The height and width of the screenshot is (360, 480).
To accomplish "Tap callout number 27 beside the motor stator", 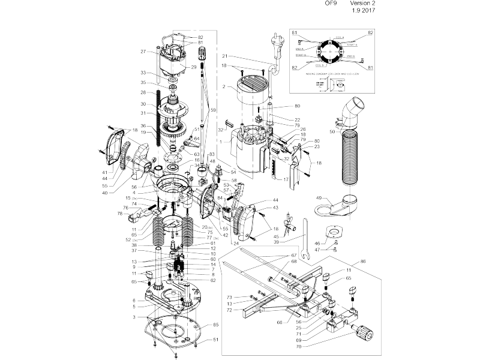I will [x=143, y=52].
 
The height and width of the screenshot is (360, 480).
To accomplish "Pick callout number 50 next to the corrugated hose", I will [x=332, y=131].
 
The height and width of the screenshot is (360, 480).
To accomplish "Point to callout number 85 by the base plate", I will [x=216, y=326].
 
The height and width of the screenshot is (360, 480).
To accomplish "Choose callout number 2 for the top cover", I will [x=224, y=87].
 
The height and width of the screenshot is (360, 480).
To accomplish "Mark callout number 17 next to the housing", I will [x=286, y=179].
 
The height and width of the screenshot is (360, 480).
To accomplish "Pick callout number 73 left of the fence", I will [x=229, y=297].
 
